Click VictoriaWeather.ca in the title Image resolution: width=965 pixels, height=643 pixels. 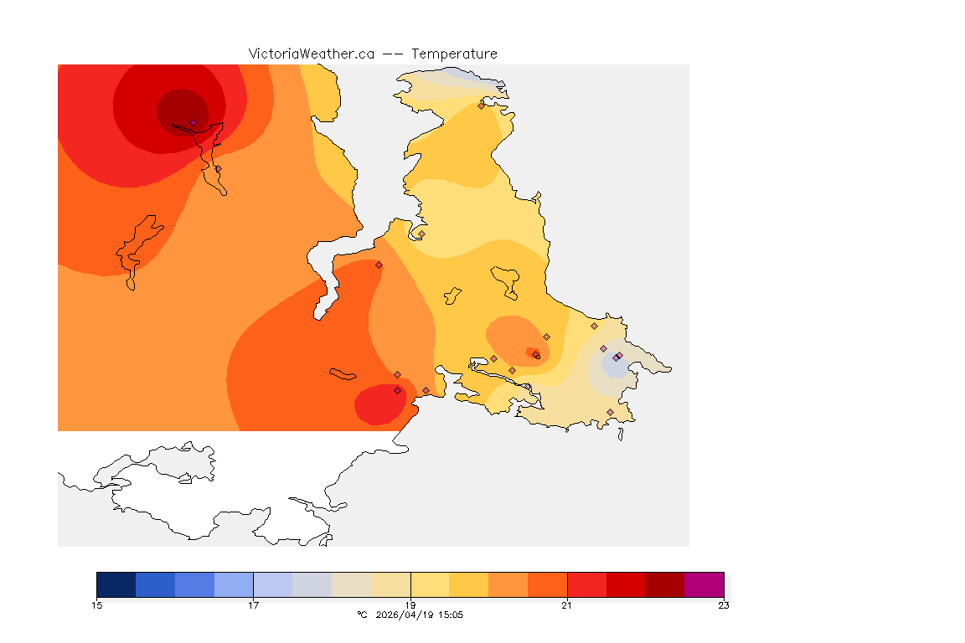[311, 54]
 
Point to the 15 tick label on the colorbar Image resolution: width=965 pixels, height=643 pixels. [97, 604]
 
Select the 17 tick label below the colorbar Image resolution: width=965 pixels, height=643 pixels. [253, 604]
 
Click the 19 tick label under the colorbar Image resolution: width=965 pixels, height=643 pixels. [410, 604]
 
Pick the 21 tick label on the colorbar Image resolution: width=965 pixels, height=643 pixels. [567, 604]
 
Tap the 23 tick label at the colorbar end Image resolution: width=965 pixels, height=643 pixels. [723, 604]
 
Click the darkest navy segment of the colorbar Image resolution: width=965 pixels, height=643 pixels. [116, 584]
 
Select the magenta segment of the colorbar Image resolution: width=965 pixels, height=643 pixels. [704, 584]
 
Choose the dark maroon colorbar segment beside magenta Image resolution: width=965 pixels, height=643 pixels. [664, 584]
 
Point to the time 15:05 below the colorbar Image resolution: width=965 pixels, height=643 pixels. [450, 615]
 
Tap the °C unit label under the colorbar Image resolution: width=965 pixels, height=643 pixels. [362, 615]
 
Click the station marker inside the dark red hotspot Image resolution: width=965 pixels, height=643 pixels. [193, 122]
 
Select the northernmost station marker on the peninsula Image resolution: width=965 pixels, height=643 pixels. [481, 105]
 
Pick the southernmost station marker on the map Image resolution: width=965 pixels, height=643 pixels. [610, 412]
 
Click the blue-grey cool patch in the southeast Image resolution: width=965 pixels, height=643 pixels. [613, 367]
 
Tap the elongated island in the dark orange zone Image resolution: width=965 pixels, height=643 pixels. [343, 373]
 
